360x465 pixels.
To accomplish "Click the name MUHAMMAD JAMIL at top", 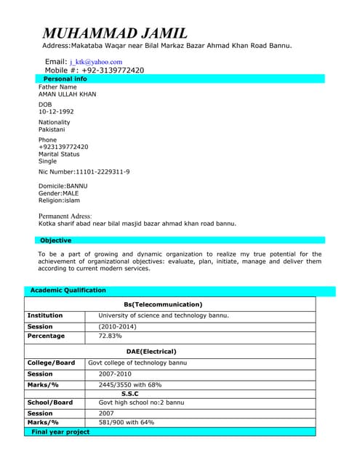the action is click(x=115, y=33).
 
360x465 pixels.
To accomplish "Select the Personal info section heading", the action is click(x=65, y=78).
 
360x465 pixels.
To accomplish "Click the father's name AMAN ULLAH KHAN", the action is click(x=67, y=94).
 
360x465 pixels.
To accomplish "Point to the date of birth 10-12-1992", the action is click(x=56, y=111).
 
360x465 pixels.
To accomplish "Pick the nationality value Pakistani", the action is click(x=52, y=129).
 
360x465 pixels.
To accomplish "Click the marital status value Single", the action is click(x=47, y=161).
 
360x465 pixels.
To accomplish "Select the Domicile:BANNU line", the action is click(x=63, y=186).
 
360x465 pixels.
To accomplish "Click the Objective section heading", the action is click(x=56, y=240).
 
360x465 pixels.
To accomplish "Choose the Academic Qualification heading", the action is click(x=68, y=291).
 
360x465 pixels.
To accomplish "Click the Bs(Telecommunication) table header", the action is click(x=163, y=304).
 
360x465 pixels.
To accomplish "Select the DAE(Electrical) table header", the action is click(x=162, y=351).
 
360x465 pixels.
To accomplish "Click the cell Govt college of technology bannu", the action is click(x=137, y=363).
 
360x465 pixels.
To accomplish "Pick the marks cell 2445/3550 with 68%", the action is click(x=129, y=384).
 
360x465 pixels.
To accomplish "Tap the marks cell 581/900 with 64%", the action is click(x=127, y=422).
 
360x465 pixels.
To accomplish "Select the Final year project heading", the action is click(x=61, y=432).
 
